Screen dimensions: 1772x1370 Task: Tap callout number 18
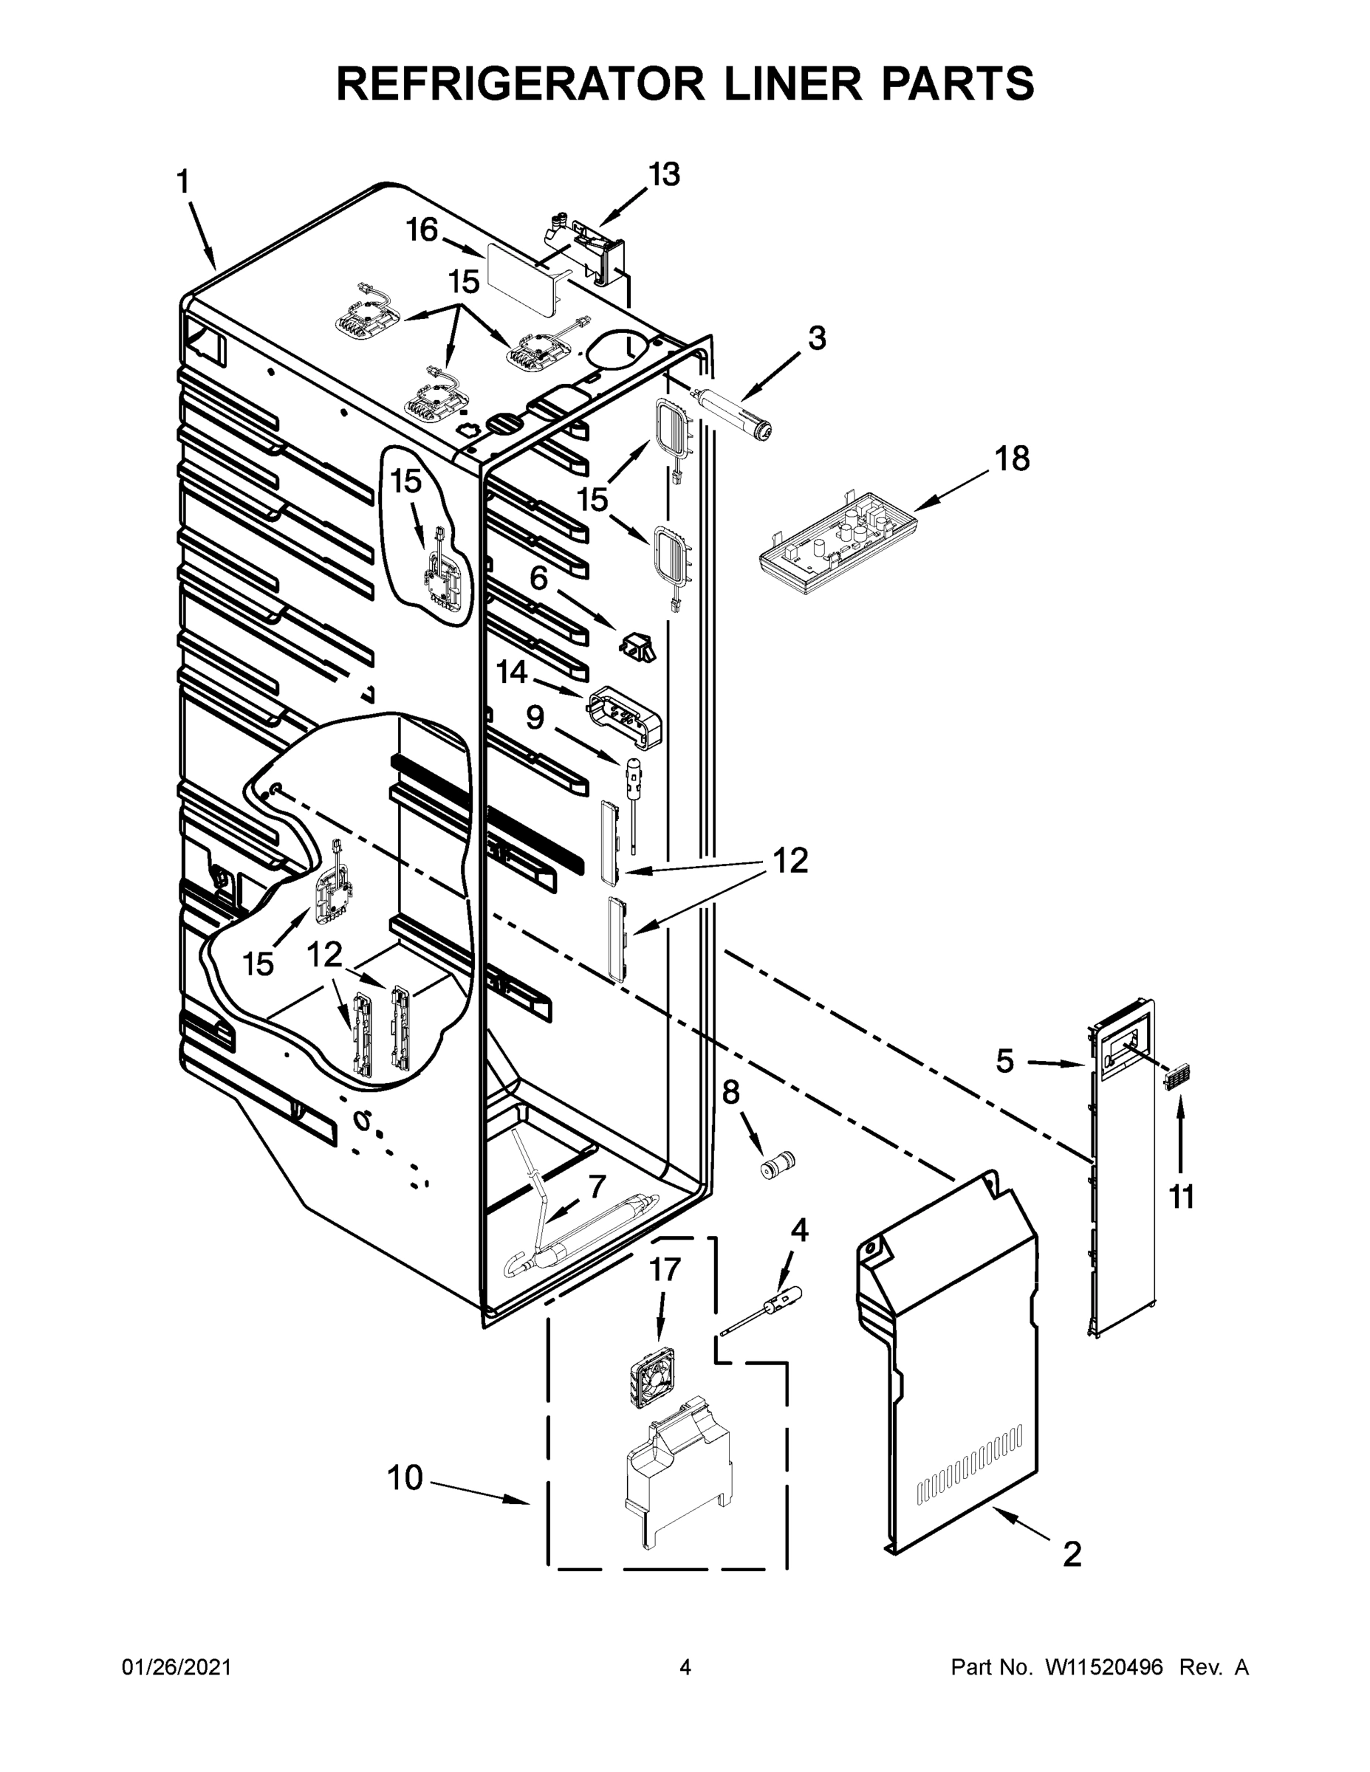coord(1012,459)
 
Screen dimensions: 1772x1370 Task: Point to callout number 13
coord(664,174)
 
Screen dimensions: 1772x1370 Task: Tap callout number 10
coord(405,1477)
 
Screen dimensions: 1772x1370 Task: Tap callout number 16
coord(422,230)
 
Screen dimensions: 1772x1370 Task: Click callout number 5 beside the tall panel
coord(1004,1060)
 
